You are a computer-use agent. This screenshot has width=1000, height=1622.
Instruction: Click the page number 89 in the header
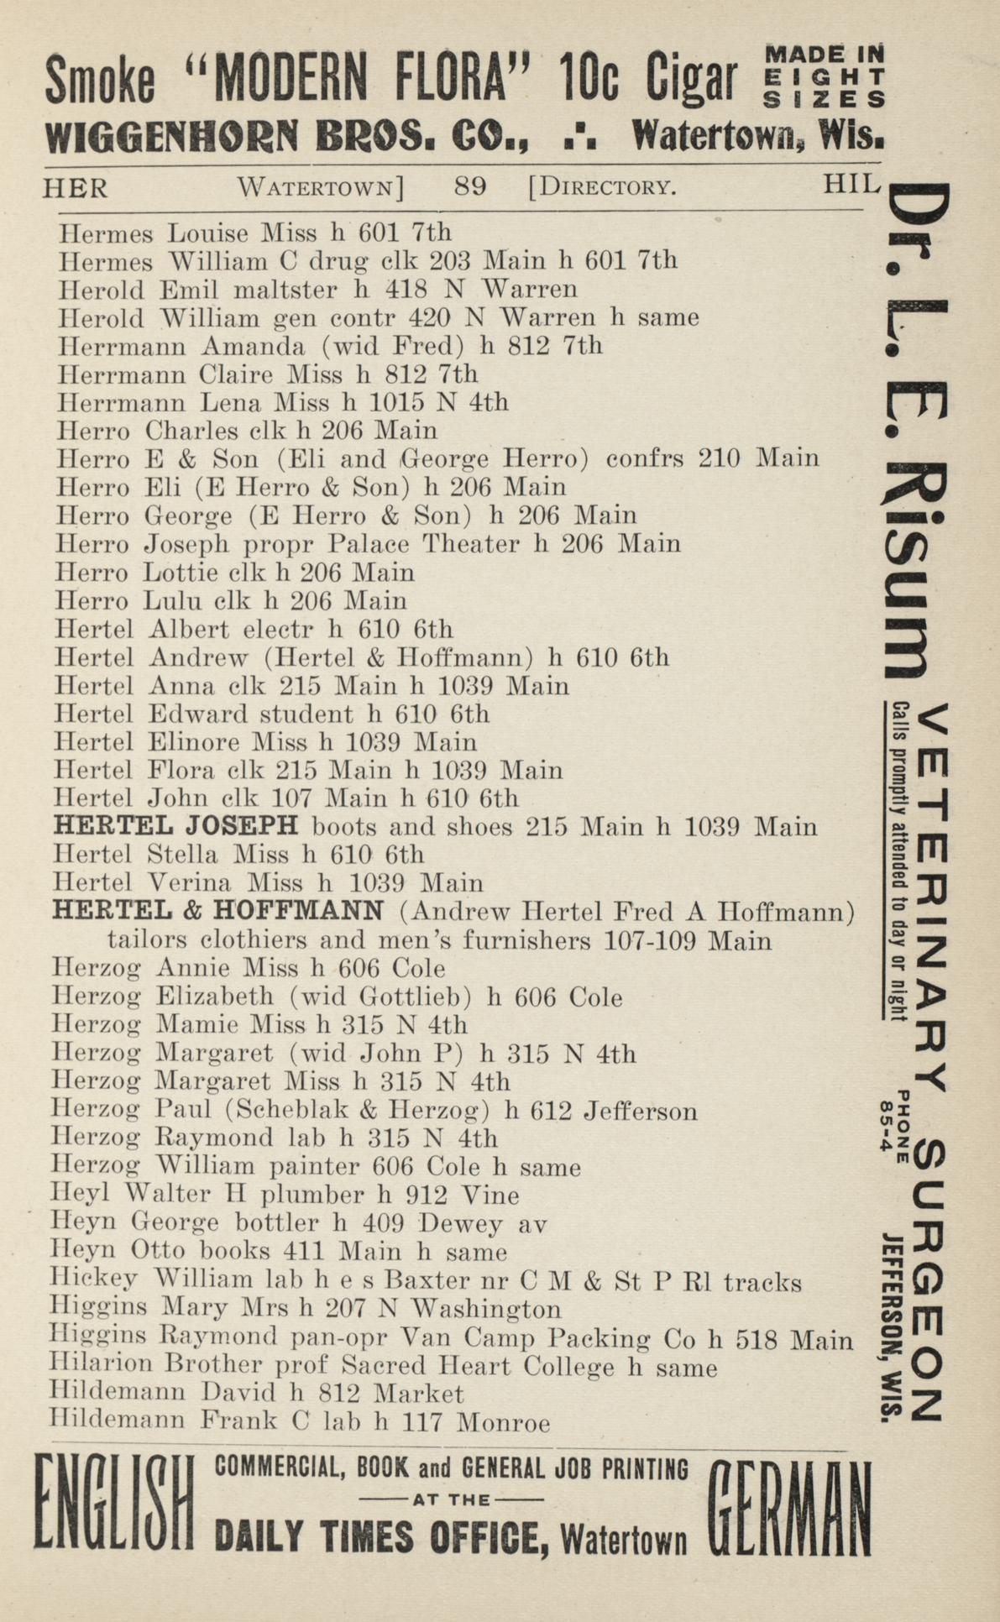(469, 186)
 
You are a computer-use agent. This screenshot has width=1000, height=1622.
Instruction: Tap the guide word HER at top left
(75, 187)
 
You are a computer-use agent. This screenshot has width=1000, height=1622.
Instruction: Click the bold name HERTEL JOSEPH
(175, 826)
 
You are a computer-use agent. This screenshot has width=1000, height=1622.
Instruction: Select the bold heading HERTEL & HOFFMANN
(218, 910)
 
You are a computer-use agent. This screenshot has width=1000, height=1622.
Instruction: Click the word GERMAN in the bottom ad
(789, 1507)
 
